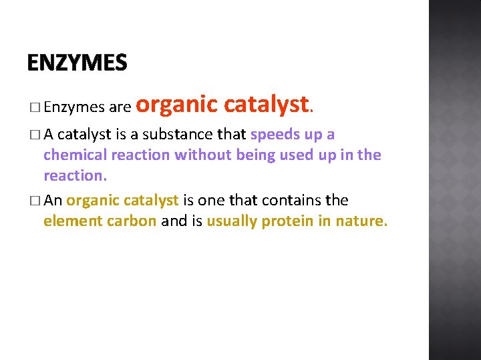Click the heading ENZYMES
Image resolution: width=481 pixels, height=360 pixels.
click(x=77, y=63)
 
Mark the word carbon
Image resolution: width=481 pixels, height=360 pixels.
click(x=131, y=221)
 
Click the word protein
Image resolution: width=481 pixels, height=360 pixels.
click(x=288, y=221)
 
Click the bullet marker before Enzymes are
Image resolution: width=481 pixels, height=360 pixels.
click(x=34, y=107)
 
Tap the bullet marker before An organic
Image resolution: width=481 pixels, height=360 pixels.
click(x=34, y=201)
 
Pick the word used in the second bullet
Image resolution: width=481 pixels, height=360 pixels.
click(x=290, y=155)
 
